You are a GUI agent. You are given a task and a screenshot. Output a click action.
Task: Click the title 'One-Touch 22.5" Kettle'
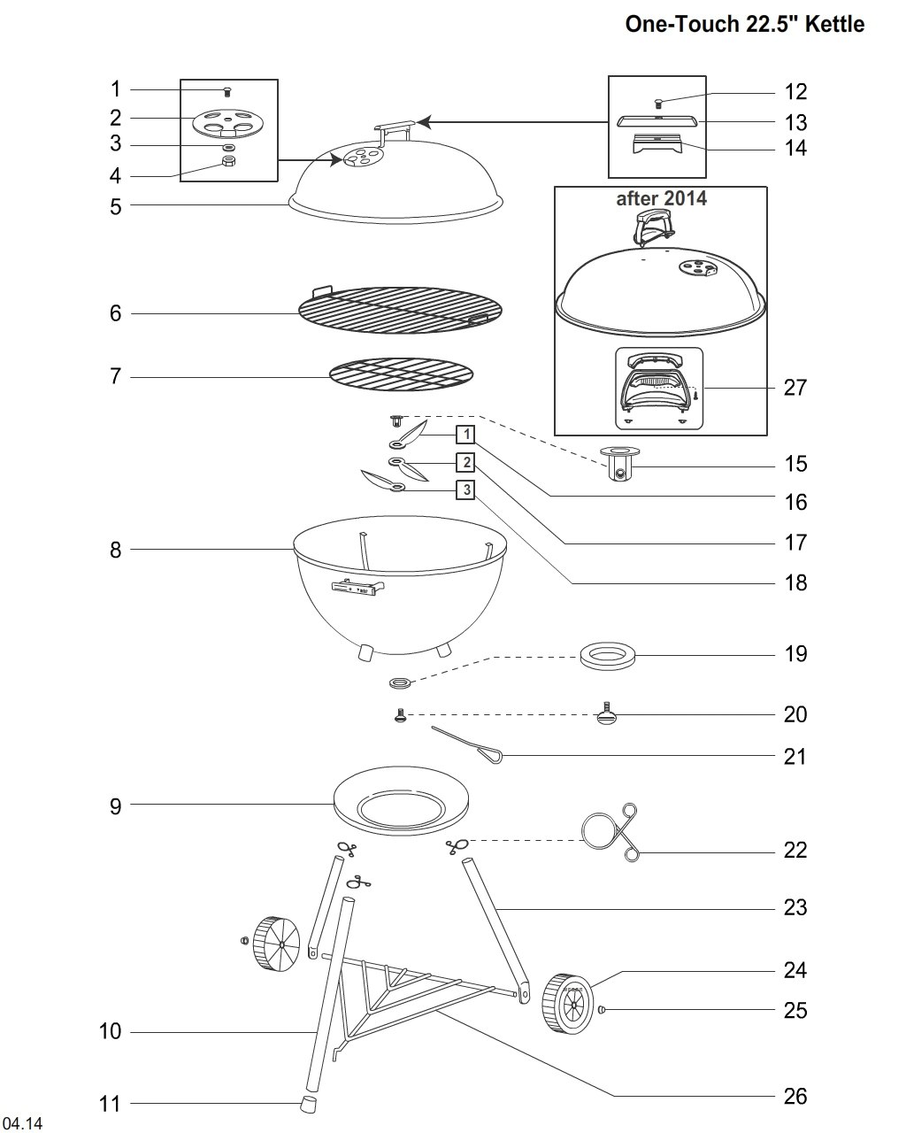pyautogui.click(x=744, y=24)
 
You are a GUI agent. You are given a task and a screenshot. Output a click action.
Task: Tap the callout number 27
pyautogui.click(x=795, y=388)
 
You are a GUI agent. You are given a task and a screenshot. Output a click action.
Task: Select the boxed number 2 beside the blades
pyautogui.click(x=466, y=462)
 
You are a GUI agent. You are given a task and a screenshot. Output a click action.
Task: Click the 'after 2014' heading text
pyautogui.click(x=661, y=198)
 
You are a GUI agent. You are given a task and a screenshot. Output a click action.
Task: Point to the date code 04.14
pyautogui.click(x=22, y=1122)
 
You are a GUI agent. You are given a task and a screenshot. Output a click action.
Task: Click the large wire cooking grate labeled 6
pyautogui.click(x=400, y=310)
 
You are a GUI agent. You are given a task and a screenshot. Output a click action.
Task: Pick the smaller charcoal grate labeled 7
pyautogui.click(x=401, y=374)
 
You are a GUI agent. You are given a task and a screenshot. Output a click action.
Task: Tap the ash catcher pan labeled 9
pyautogui.click(x=400, y=801)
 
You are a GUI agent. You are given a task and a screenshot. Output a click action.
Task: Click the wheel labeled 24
pyautogui.click(x=568, y=1004)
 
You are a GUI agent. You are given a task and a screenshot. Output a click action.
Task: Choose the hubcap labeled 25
pyautogui.click(x=603, y=1009)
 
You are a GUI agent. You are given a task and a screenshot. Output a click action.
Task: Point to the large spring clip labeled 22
pyautogui.click(x=610, y=832)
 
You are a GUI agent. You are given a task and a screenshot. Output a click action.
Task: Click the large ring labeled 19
pyautogui.click(x=608, y=656)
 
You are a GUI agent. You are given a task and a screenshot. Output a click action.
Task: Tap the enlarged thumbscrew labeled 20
pyautogui.click(x=607, y=714)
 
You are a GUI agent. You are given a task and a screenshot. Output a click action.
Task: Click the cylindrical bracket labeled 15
pyautogui.click(x=621, y=464)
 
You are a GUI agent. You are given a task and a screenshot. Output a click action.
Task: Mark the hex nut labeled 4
pyautogui.click(x=228, y=160)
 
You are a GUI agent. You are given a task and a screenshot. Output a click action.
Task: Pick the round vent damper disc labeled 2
pyautogui.click(x=226, y=124)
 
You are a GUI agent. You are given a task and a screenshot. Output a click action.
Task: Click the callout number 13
pyautogui.click(x=795, y=123)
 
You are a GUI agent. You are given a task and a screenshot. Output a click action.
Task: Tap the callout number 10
pyautogui.click(x=110, y=1031)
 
